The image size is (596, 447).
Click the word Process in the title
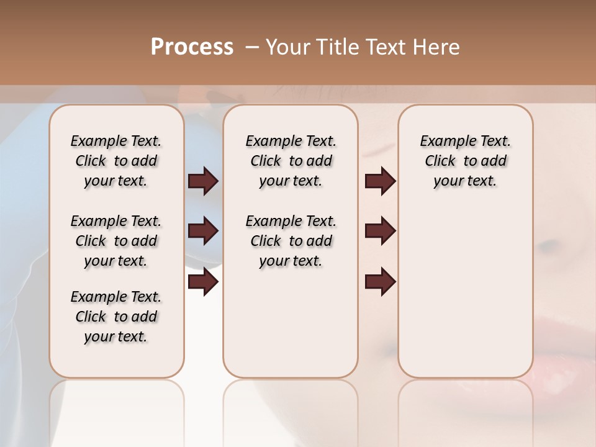tap(192, 47)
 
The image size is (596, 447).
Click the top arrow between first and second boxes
tap(203, 181)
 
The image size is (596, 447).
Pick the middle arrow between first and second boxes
tap(203, 231)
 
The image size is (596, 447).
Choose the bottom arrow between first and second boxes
tap(203, 282)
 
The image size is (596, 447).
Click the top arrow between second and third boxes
tap(380, 181)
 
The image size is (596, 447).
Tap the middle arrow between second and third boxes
tap(380, 231)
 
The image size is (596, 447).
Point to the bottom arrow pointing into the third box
tap(380, 282)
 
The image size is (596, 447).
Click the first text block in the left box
tap(116, 161)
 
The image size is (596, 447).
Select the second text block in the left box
tap(116, 241)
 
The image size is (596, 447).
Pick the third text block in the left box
tap(116, 317)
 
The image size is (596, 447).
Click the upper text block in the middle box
tap(291, 161)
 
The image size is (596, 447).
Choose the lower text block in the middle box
tap(291, 241)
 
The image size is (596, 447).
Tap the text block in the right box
tap(465, 161)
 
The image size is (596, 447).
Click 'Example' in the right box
tap(443, 142)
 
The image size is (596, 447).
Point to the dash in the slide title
tap(251, 47)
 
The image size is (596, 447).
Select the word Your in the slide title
tap(289, 47)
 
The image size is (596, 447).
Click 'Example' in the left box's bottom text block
tap(94, 297)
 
